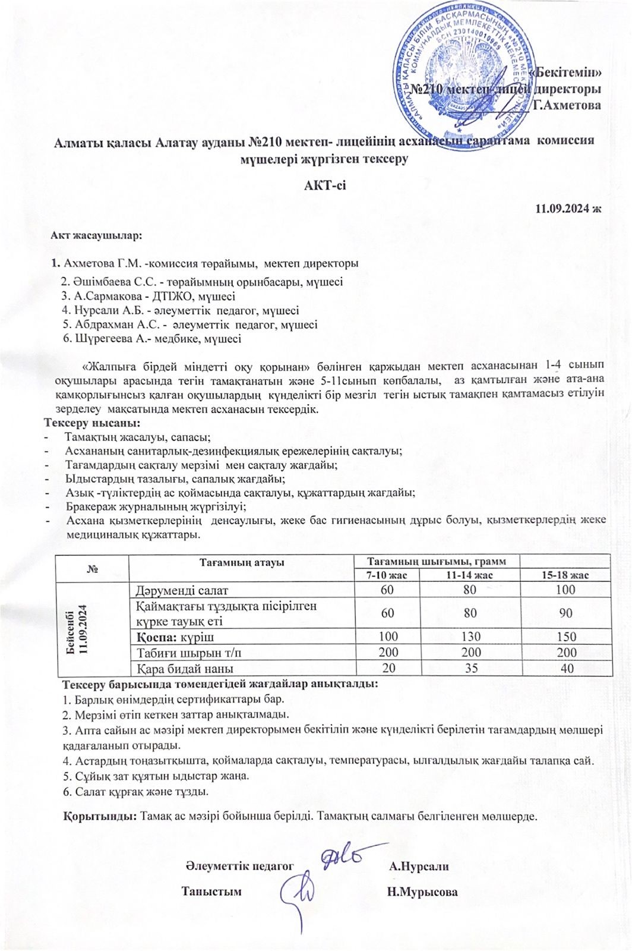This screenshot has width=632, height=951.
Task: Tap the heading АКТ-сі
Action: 325,185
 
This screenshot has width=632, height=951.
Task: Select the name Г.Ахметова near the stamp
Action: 567,105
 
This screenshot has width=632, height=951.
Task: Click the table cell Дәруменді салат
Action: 182,590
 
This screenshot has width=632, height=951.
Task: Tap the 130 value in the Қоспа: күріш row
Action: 470,636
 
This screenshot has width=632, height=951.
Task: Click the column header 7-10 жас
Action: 387,575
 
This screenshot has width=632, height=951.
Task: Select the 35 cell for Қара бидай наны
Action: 471,667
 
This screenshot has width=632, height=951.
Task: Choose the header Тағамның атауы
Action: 241,562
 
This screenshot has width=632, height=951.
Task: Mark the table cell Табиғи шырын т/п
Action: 189,652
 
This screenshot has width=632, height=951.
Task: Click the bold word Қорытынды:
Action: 100,815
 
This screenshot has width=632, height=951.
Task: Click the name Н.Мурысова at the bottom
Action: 422,892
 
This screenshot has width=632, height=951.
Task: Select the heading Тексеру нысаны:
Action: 92,423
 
